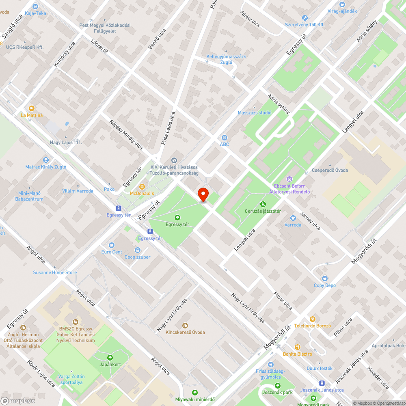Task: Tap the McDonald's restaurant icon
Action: click(x=142, y=187)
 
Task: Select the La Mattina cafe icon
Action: click(x=32, y=108)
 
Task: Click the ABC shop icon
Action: click(x=225, y=138)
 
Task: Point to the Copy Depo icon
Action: click(x=325, y=279)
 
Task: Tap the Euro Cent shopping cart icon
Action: click(x=112, y=245)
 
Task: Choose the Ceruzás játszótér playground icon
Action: click(x=263, y=204)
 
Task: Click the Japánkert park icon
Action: click(x=110, y=357)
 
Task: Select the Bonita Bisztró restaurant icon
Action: click(x=298, y=347)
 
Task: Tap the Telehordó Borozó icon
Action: click(x=313, y=319)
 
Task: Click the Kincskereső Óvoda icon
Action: click(x=185, y=325)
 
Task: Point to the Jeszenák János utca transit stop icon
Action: click(x=322, y=383)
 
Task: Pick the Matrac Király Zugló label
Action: click(x=46, y=167)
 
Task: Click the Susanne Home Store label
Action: click(x=55, y=272)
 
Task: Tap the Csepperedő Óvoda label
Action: click(x=330, y=170)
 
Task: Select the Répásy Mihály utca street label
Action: click(x=126, y=135)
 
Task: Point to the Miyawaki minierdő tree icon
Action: click(x=195, y=392)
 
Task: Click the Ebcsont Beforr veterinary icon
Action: click(x=289, y=179)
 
